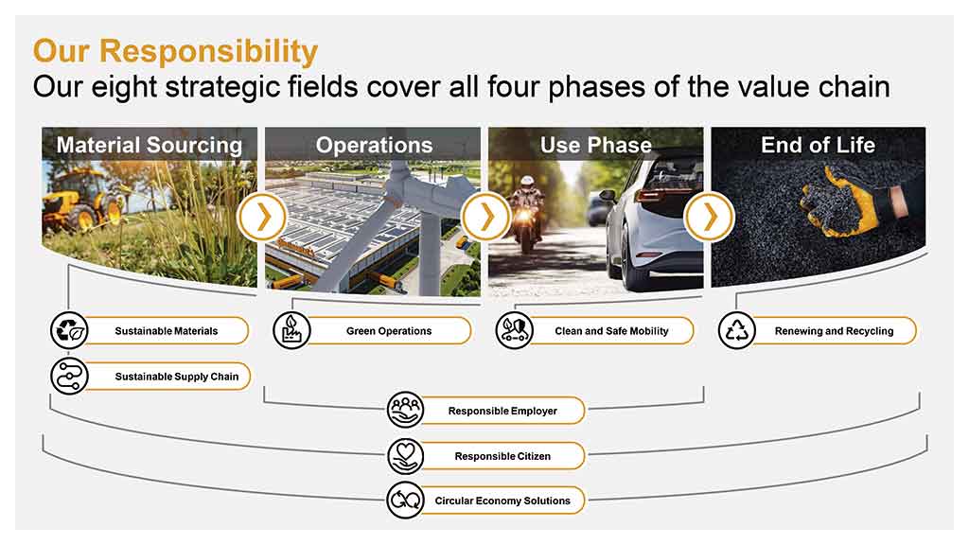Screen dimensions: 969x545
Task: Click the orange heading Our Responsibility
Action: [x=175, y=51]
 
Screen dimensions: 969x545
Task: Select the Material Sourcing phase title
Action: [x=150, y=145]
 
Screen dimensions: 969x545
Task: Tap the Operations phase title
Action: [x=374, y=145]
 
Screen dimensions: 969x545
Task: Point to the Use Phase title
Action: [x=596, y=145]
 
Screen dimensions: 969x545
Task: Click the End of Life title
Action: [x=818, y=145]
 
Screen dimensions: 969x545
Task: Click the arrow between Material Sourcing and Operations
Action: [x=263, y=217]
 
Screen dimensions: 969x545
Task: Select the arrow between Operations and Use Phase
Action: [x=485, y=217]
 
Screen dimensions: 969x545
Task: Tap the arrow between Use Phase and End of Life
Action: [x=709, y=217]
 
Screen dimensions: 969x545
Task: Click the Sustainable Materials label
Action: [x=167, y=331]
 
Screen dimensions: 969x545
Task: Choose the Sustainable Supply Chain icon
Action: [x=69, y=377]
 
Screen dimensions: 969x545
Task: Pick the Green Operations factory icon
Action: [x=291, y=330]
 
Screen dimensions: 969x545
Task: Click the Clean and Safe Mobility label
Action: [x=611, y=331]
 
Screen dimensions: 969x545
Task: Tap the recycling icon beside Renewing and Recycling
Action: [x=736, y=330]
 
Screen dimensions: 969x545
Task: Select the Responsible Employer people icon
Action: [x=405, y=411]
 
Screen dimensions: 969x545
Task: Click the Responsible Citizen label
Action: [x=502, y=456]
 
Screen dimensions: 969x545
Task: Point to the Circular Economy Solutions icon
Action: [x=405, y=501]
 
